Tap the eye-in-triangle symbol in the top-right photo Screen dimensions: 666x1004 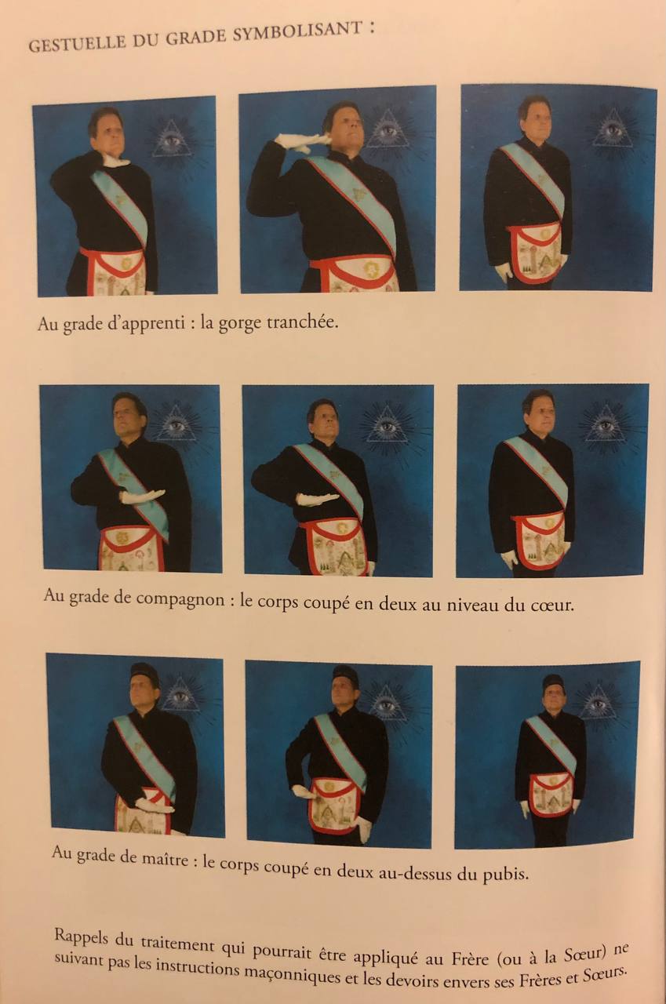613,129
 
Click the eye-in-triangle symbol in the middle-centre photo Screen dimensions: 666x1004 386,425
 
